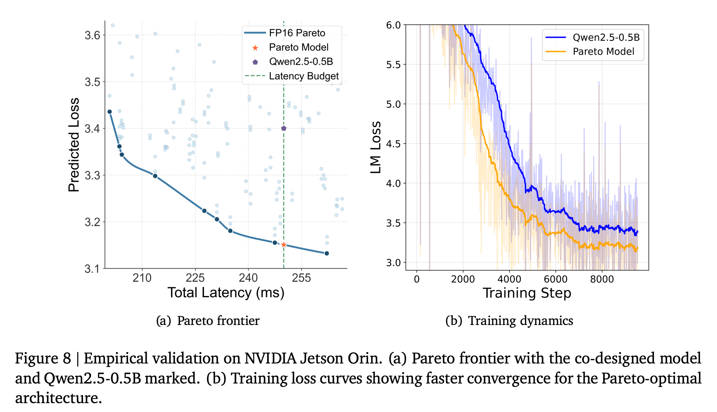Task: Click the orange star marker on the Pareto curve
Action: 283,245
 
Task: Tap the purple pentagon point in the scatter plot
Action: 283,128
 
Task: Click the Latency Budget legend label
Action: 303,76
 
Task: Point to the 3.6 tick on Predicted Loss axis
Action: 92,35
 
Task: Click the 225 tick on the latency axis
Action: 195,278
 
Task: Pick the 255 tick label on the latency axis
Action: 301,278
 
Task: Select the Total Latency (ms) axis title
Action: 226,293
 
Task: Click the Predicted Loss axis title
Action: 74,145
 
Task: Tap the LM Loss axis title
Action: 376,147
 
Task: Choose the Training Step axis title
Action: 527,293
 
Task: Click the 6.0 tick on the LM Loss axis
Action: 393,25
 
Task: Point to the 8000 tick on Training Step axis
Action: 602,279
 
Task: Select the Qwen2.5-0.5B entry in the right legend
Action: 606,37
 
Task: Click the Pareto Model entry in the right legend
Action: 603,52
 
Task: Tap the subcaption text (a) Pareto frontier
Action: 208,321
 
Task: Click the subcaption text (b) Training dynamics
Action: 509,321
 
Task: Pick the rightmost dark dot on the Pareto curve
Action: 327,253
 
